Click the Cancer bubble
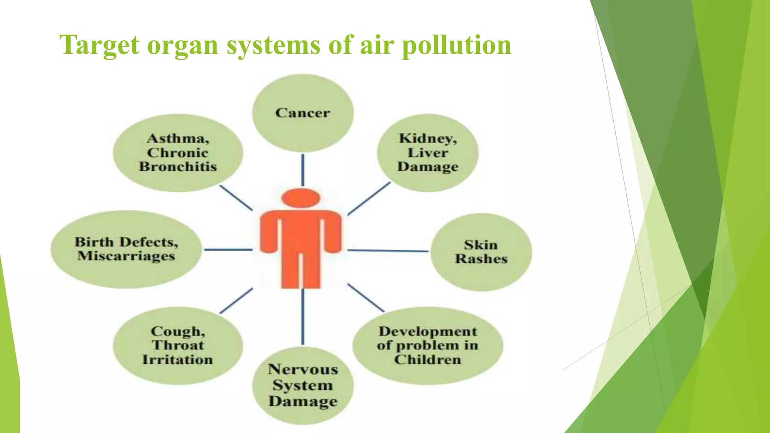click(x=303, y=113)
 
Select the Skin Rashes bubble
click(x=481, y=252)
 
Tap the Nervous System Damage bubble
click(x=303, y=385)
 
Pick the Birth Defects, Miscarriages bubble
click(x=126, y=249)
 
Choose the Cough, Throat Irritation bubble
click(x=178, y=345)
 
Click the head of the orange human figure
click(x=301, y=198)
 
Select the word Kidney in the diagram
click(x=428, y=138)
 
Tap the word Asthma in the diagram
click(x=178, y=138)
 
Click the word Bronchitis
click(x=178, y=167)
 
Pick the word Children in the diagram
click(x=428, y=360)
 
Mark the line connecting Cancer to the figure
click(x=303, y=170)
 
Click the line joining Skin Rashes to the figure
click(x=388, y=250)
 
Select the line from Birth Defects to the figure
click(x=228, y=249)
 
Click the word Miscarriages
click(x=126, y=256)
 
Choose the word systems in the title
click(x=274, y=45)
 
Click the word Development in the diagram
click(x=428, y=332)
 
